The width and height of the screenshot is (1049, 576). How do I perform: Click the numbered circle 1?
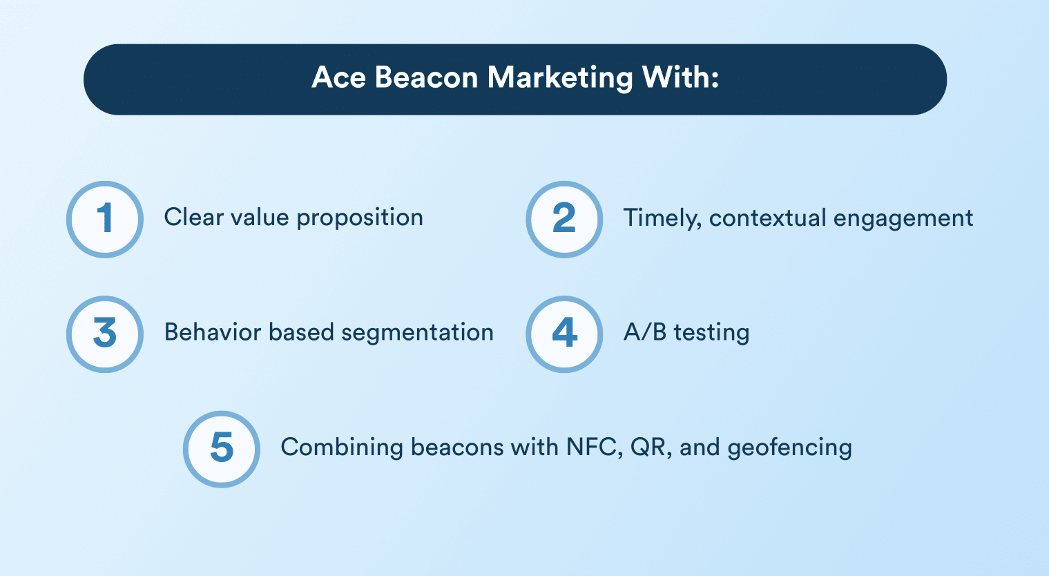point(105,220)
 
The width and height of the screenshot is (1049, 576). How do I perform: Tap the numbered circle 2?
point(564,220)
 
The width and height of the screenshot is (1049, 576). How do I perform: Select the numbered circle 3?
point(105,334)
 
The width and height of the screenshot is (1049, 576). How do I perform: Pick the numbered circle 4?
point(564,334)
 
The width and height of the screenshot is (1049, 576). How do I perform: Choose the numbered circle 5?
point(222,449)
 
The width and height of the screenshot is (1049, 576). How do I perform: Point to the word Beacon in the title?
point(426,77)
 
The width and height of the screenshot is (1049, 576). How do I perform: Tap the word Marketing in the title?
point(560,78)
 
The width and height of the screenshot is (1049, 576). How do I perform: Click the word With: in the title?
point(681,77)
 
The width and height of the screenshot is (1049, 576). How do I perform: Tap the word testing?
point(711,333)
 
